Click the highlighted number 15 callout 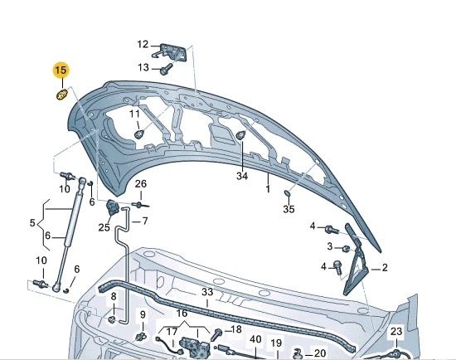point(61,71)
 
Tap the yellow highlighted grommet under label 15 point(61,97)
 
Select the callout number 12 point(142,45)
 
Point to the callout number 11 point(134,114)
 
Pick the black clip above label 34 point(240,137)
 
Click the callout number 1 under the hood point(268,189)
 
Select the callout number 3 point(330,246)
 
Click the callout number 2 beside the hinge point(384,267)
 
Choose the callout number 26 point(141,183)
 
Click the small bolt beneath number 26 point(139,204)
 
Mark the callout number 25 point(104,227)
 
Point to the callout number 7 point(144,221)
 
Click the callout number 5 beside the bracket point(32,224)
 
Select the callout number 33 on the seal point(206,293)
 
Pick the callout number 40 point(255,340)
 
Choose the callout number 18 point(236,329)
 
